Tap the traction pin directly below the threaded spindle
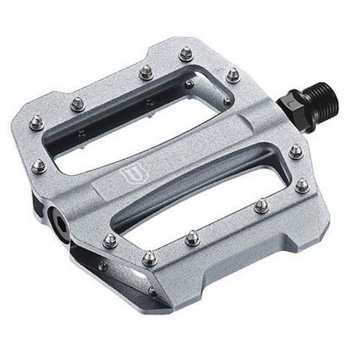click(x=295, y=152)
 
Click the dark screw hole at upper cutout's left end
click(x=82, y=132)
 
